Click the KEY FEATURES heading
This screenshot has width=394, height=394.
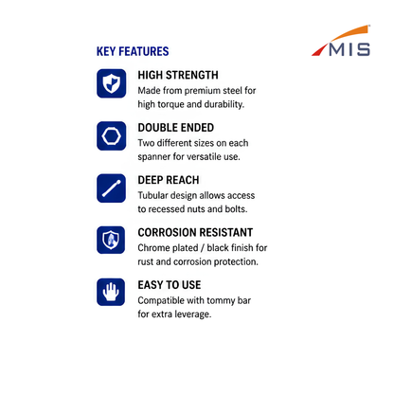tap(133, 51)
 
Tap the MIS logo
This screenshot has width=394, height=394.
tap(341, 41)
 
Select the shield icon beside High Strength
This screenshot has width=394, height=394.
tap(112, 83)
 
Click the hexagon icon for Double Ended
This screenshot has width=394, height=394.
tap(112, 135)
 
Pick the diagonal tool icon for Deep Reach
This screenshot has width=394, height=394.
tap(112, 188)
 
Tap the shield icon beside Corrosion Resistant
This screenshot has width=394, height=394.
tap(111, 240)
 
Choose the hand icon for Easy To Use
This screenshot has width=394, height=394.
tap(111, 292)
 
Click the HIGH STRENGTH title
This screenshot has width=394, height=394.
tap(178, 75)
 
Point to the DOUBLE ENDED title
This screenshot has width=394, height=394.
tap(176, 128)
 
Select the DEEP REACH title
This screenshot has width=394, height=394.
tap(169, 180)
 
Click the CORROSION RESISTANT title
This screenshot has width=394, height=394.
tap(195, 232)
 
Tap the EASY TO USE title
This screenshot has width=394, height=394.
tap(170, 285)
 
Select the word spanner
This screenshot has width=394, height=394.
tap(153, 157)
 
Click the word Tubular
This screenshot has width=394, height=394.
tap(152, 195)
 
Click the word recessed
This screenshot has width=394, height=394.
tap(166, 209)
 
